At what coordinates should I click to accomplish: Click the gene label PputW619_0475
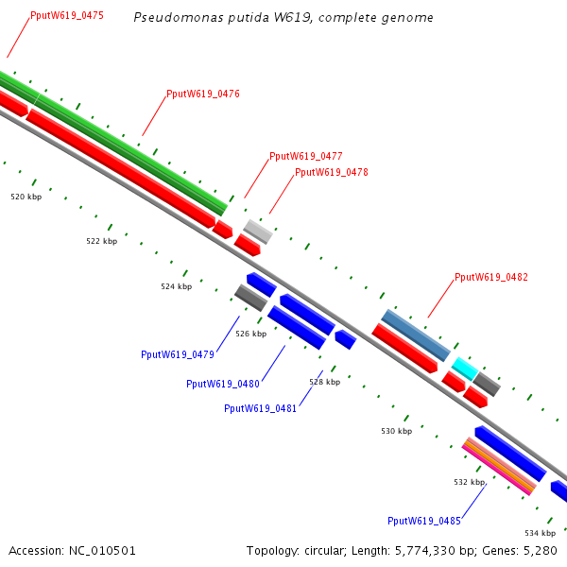(67, 16)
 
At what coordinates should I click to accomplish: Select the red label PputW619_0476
(203, 94)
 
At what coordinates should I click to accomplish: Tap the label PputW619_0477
(305, 156)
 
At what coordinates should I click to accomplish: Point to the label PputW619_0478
(332, 172)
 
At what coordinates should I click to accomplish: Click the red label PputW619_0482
(491, 277)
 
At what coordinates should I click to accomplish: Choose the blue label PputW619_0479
(178, 354)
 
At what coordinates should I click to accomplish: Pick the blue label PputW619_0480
(223, 384)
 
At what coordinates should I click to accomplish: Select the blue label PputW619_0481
(261, 408)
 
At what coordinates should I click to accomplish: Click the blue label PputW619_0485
(424, 521)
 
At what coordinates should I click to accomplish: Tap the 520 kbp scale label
(26, 197)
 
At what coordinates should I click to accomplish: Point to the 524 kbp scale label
(176, 285)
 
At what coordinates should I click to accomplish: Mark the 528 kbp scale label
(324, 382)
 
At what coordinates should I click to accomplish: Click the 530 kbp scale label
(397, 431)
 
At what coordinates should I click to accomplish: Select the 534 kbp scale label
(541, 533)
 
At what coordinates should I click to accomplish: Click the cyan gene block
(464, 368)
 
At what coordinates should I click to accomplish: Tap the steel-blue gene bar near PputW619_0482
(416, 335)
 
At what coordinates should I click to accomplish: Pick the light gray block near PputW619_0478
(258, 231)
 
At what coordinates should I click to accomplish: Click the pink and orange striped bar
(499, 465)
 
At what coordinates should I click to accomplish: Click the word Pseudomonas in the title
(171, 17)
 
